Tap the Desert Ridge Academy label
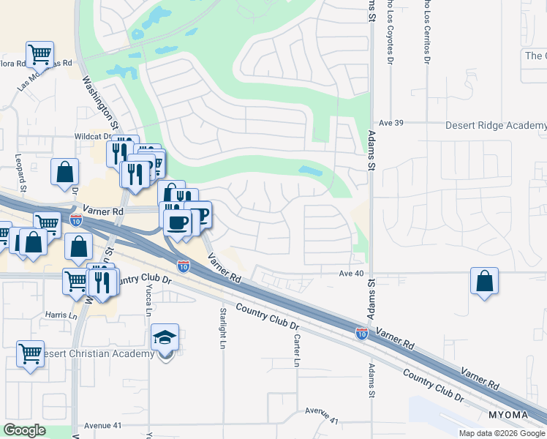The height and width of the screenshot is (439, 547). [496, 126]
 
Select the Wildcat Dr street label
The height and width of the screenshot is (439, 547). [91, 136]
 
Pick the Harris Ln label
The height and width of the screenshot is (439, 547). [61, 315]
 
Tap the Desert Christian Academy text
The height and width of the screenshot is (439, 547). [99, 354]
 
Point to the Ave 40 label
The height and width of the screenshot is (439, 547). [351, 274]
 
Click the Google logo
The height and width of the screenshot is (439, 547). [24, 430]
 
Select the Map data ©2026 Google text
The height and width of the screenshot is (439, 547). [502, 433]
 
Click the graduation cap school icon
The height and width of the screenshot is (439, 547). [165, 338]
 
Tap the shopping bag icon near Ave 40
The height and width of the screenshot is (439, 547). [484, 281]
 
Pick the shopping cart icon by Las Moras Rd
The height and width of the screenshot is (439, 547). [39, 54]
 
